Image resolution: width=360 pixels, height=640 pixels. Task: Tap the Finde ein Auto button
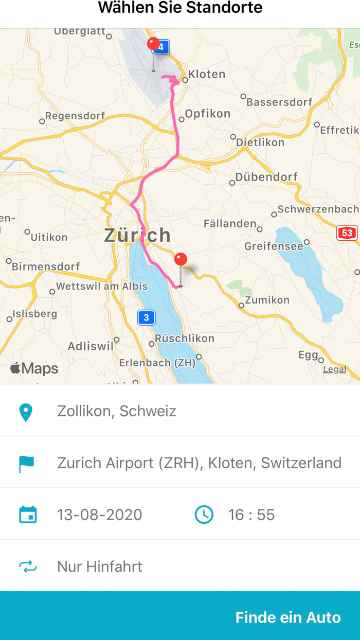pyautogui.click(x=287, y=617)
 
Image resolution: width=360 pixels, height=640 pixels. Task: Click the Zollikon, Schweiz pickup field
pyautogui.click(x=117, y=411)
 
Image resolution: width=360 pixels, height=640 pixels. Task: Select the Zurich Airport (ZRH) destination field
pyautogui.click(x=199, y=463)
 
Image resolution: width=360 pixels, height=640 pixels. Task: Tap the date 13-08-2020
pyautogui.click(x=99, y=514)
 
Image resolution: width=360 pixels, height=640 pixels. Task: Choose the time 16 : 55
pyautogui.click(x=251, y=514)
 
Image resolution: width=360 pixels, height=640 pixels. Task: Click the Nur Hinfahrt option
pyautogui.click(x=99, y=566)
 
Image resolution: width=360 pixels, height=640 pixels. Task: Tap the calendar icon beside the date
pyautogui.click(x=28, y=514)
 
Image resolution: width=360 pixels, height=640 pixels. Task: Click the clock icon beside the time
pyautogui.click(x=204, y=514)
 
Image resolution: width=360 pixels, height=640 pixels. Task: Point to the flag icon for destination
pyautogui.click(x=26, y=463)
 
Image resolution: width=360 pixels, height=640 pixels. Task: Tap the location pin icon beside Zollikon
pyautogui.click(x=26, y=412)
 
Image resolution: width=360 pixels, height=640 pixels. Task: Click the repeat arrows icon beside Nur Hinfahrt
pyautogui.click(x=28, y=566)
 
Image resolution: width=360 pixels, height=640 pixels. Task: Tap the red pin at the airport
pyautogui.click(x=153, y=44)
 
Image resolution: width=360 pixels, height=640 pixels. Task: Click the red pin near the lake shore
pyautogui.click(x=181, y=260)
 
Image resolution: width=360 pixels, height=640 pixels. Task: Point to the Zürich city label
pyautogui.click(x=137, y=235)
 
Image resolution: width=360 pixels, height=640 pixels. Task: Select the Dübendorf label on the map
pyautogui.click(x=266, y=177)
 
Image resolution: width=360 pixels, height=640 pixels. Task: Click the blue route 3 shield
pyautogui.click(x=146, y=317)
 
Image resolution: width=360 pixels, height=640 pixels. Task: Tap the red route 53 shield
pyautogui.click(x=347, y=233)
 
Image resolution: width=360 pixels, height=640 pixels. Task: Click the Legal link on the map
pyautogui.click(x=334, y=369)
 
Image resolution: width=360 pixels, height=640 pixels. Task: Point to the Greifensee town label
pyautogui.click(x=274, y=246)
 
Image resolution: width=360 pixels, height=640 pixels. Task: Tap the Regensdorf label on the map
pyautogui.click(x=75, y=116)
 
